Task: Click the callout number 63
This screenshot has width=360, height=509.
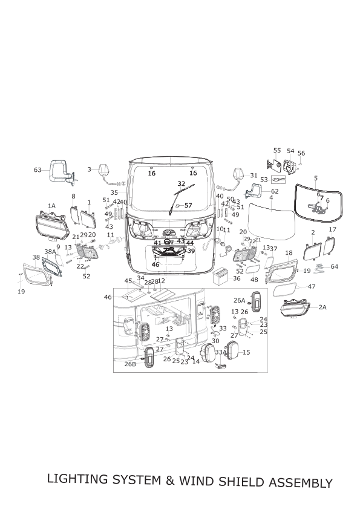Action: click(38, 170)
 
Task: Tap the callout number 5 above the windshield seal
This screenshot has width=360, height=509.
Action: click(316, 178)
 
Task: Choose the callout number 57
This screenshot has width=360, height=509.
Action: click(188, 205)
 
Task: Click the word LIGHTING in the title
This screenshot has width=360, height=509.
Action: click(77, 479)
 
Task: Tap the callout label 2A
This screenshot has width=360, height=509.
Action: click(322, 307)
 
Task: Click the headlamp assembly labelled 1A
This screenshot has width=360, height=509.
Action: click(52, 225)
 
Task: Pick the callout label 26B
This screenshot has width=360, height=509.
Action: click(130, 364)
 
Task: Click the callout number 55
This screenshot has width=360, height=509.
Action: click(277, 151)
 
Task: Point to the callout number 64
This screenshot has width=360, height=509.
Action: click(335, 266)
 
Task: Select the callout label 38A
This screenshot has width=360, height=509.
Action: click(50, 252)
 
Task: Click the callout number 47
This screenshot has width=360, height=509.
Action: click(312, 286)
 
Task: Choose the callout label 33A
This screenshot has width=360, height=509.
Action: click(221, 352)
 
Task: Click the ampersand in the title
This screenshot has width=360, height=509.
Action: click(170, 481)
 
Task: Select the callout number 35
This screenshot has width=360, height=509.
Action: click(114, 192)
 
